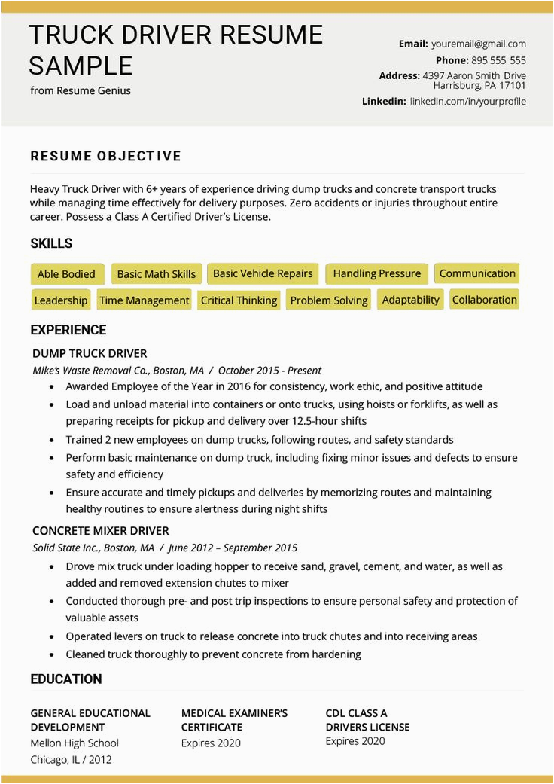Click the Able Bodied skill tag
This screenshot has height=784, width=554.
click(x=66, y=274)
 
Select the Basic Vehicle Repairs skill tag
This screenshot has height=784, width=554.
click(x=263, y=273)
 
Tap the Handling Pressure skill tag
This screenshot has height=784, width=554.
click(x=376, y=273)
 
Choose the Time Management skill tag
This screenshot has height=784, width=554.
click(x=144, y=300)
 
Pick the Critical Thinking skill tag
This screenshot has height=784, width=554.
click(x=239, y=300)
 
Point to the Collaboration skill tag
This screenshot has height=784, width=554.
click(x=484, y=299)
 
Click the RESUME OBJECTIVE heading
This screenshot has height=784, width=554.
click(x=106, y=157)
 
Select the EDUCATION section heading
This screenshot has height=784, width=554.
click(x=65, y=679)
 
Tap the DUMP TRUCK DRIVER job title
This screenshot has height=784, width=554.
click(x=90, y=353)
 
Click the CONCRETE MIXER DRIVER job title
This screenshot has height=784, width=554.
click(x=101, y=530)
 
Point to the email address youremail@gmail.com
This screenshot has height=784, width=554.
click(x=478, y=44)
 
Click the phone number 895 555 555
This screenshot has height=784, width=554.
click(x=498, y=60)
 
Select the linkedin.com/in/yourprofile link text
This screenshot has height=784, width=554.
click(x=467, y=101)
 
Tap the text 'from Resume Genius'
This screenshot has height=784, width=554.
click(x=81, y=90)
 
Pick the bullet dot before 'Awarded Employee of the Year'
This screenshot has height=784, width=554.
click(x=51, y=387)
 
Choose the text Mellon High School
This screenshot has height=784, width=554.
click(x=75, y=743)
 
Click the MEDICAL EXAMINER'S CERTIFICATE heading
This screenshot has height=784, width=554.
click(x=234, y=720)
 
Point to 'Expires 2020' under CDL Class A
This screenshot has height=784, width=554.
click(x=355, y=741)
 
